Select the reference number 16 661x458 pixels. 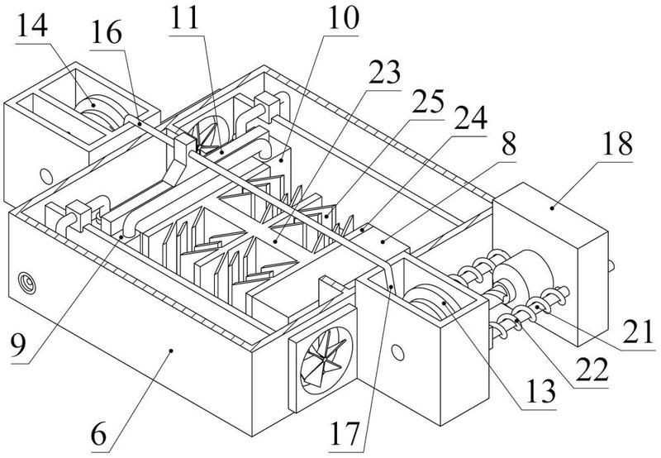107,33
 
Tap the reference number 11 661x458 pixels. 183,18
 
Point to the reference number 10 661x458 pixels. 344,18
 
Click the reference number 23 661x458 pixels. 384,72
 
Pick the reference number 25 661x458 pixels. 428,102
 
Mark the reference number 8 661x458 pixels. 509,144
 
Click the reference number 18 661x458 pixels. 617,143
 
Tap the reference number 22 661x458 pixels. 592,369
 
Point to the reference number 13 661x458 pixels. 542,391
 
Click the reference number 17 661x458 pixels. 345,433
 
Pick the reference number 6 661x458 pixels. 98,434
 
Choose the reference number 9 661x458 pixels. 18,345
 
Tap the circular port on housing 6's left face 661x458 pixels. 27,283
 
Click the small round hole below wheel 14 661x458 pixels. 46,176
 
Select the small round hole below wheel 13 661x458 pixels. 397,352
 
